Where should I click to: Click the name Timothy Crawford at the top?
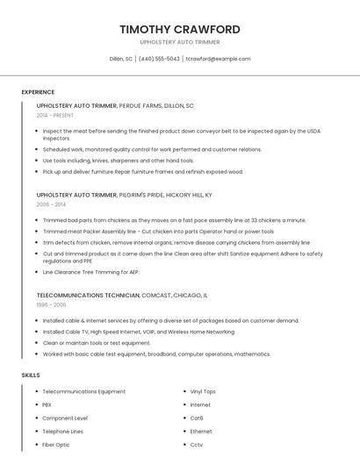tap(180, 29)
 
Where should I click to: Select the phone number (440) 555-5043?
tap(159, 59)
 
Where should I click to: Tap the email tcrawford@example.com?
tap(218, 59)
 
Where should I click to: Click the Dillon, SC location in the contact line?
tap(120, 59)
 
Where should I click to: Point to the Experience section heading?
tap(38, 92)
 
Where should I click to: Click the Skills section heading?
tap(31, 375)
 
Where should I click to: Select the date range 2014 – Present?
tap(55, 115)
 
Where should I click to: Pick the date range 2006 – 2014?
tap(51, 204)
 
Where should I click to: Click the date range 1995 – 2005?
tap(51, 304)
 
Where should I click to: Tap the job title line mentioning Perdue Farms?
tap(115, 105)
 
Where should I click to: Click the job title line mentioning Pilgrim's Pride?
tap(124, 195)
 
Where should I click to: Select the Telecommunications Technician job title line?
tap(122, 296)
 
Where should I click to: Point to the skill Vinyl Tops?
tap(203, 391)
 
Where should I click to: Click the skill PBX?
tap(47, 404)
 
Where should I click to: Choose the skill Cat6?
tap(197, 418)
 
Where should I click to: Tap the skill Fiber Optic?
tap(56, 445)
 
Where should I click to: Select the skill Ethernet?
tap(201, 432)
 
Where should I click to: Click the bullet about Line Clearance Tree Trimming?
tap(91, 272)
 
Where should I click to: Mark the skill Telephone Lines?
tap(63, 432)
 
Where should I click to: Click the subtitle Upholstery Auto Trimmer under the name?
tap(180, 42)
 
